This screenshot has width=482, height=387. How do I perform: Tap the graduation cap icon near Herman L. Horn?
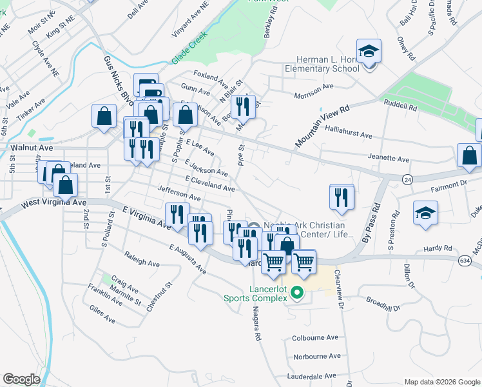(369, 51)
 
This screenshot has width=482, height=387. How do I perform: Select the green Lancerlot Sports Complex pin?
(297, 293)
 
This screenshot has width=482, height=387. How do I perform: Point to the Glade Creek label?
(189, 48)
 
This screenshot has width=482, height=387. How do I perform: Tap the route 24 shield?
(407, 178)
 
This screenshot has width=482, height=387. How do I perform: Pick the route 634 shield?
(464, 260)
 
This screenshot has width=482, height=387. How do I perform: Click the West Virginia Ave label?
(53, 203)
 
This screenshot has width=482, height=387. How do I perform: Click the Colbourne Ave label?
(316, 337)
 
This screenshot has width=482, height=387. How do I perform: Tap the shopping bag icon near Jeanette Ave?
(469, 155)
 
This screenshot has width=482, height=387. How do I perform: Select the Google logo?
(22, 379)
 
